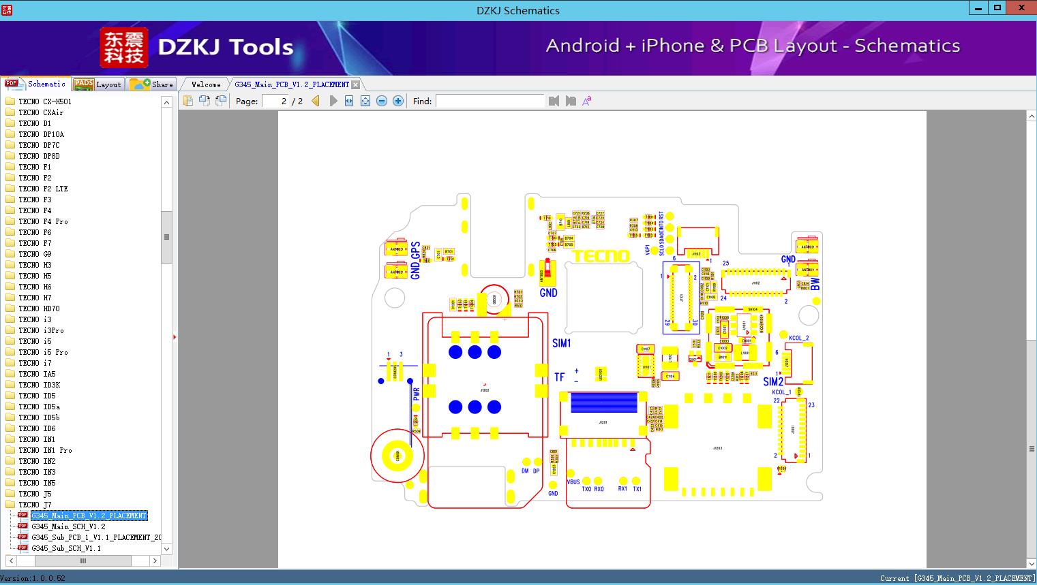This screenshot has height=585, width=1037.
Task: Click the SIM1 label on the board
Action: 561,343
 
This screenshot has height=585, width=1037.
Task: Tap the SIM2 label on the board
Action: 773,381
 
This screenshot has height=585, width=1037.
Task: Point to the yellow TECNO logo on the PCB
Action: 601,256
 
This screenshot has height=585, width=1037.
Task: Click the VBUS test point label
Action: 573,482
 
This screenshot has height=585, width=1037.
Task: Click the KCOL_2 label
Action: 798,338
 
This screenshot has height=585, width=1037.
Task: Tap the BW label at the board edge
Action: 815,283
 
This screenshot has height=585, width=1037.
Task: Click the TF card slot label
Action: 559,377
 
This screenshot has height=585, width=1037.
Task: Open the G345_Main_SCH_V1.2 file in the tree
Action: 68,526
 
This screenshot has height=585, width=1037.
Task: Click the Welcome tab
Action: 205,84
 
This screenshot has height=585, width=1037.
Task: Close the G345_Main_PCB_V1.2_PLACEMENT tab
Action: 355,84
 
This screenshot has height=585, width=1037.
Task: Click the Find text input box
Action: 490,101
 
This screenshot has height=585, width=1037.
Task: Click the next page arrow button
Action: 333,101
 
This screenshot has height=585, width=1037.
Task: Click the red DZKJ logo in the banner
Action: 123,48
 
